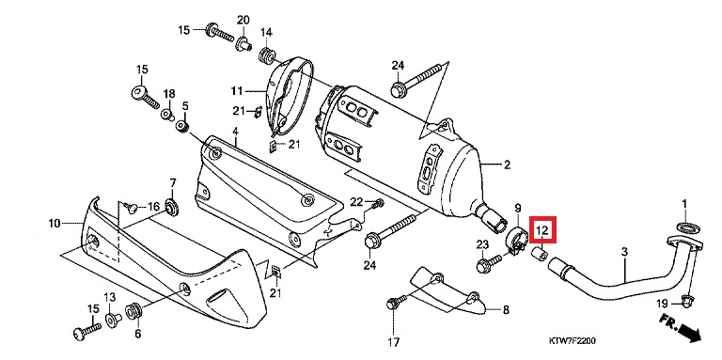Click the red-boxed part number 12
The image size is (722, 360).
click(x=542, y=229)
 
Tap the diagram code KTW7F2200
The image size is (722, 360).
click(x=573, y=341)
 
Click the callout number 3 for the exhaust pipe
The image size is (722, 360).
click(x=624, y=252)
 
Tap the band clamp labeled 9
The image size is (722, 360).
click(x=517, y=239)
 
